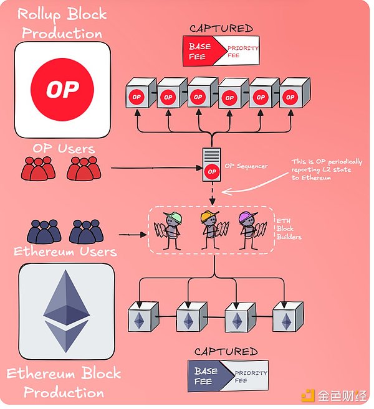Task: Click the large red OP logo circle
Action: (62, 90)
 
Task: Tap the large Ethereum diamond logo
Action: (66, 311)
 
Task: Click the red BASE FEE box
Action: (202, 51)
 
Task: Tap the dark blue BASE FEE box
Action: (207, 376)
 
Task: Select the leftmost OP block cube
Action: (138, 93)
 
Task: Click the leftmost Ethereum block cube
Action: (140, 317)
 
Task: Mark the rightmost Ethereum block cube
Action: (288, 317)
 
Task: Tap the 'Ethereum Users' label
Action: (65, 252)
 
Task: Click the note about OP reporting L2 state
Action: (326, 169)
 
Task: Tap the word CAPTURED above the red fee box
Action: (222, 28)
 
